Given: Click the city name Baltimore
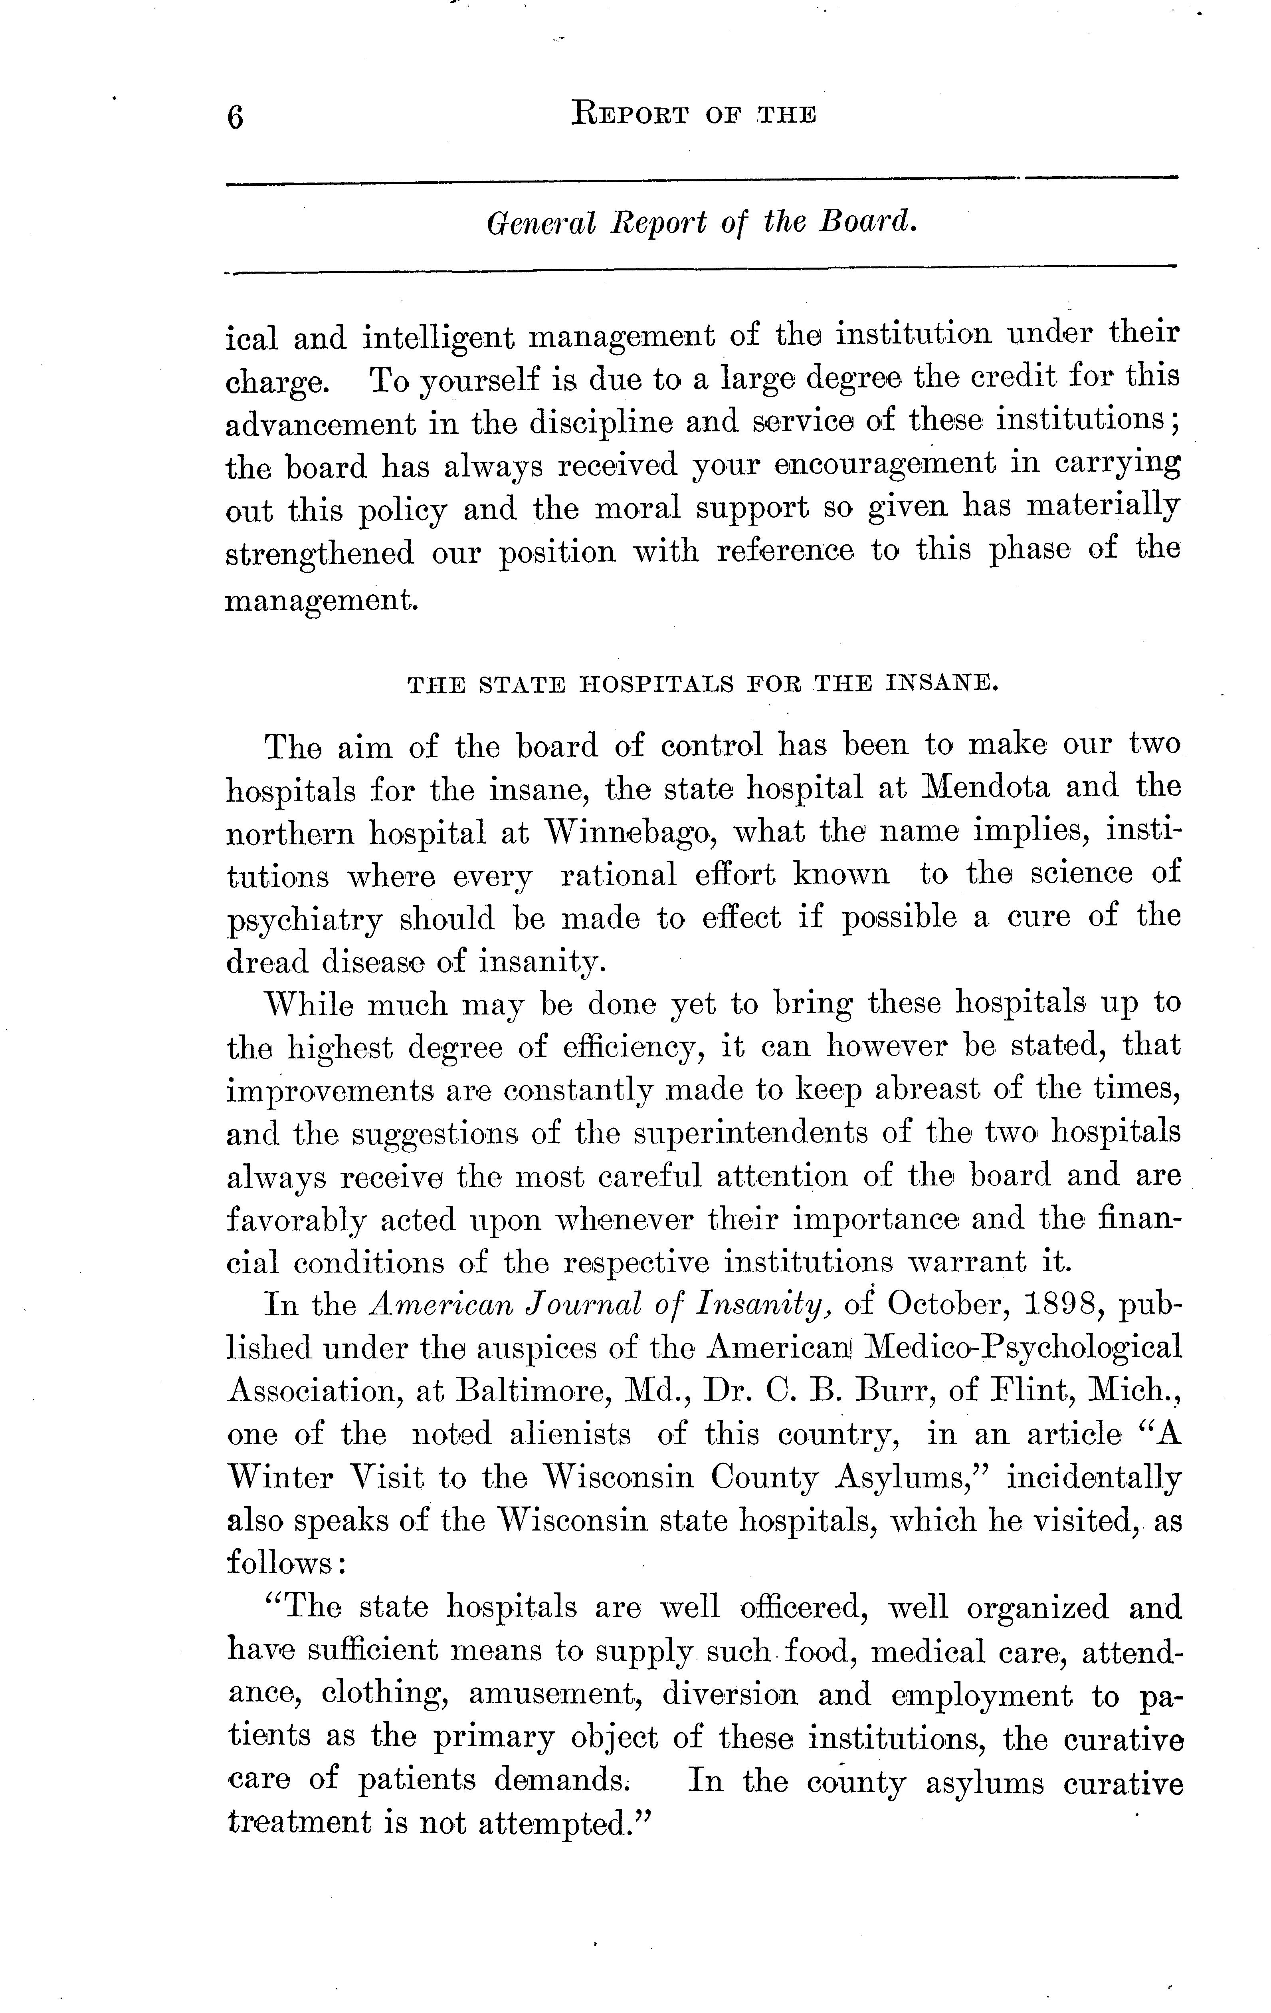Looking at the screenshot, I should click(x=535, y=1390).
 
